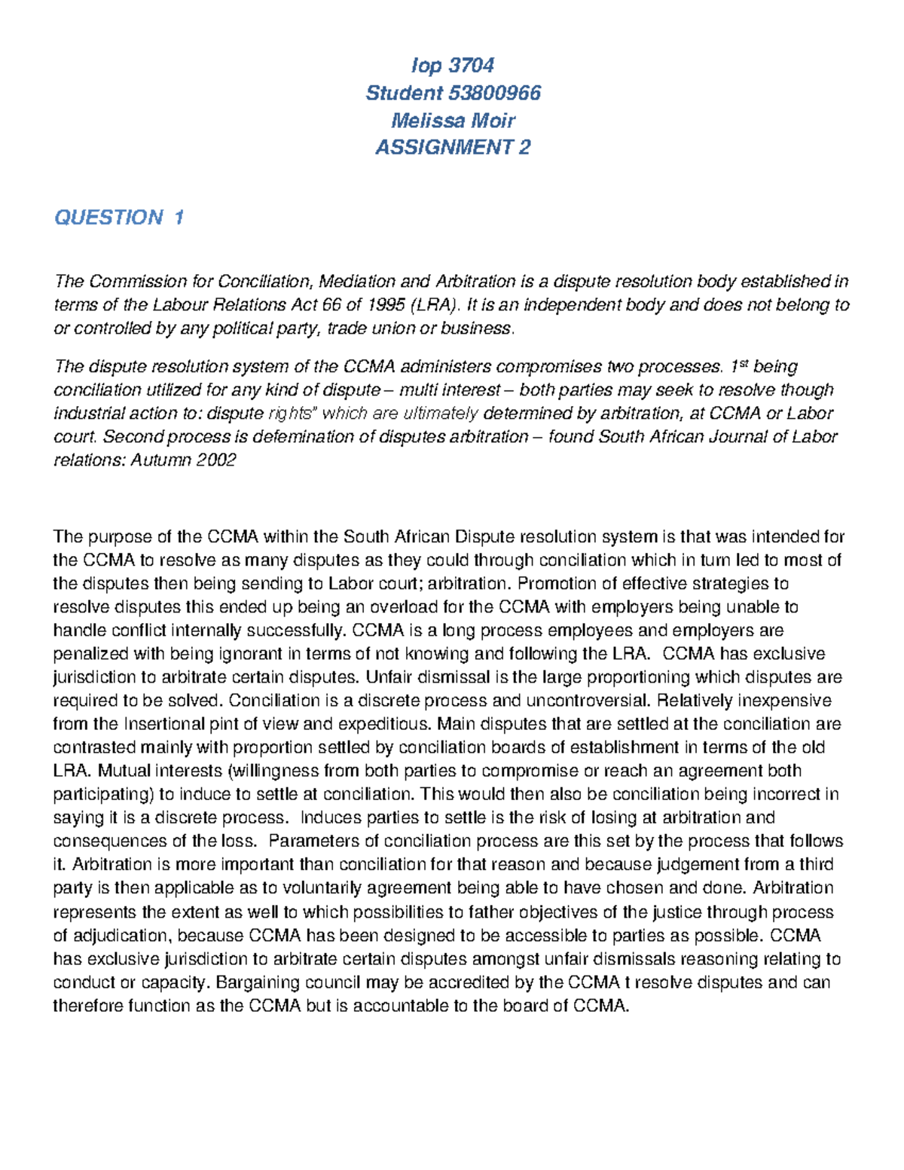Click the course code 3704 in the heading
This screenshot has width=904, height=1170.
(x=471, y=66)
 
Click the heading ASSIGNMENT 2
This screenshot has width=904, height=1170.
(x=453, y=147)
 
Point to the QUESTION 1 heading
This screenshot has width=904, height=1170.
(x=119, y=218)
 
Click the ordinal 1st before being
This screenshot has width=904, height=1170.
(x=738, y=367)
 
